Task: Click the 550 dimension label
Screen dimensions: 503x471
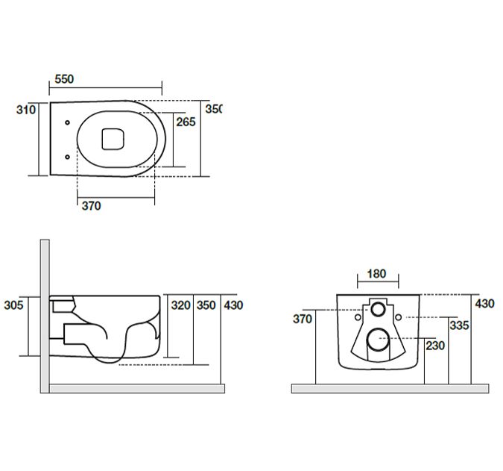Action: coord(64,79)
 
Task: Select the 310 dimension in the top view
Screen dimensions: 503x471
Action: coord(26,110)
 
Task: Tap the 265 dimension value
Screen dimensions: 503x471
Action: coord(186,122)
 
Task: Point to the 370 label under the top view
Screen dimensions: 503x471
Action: coord(92,205)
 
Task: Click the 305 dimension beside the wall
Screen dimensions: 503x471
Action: coord(13,305)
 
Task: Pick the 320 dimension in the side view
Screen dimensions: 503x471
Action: coord(181,305)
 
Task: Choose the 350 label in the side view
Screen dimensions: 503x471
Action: coord(206,305)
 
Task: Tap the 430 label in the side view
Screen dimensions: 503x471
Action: coord(233,305)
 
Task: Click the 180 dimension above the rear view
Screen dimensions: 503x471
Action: coord(376,274)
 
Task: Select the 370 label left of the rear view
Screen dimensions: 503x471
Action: coord(303,319)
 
